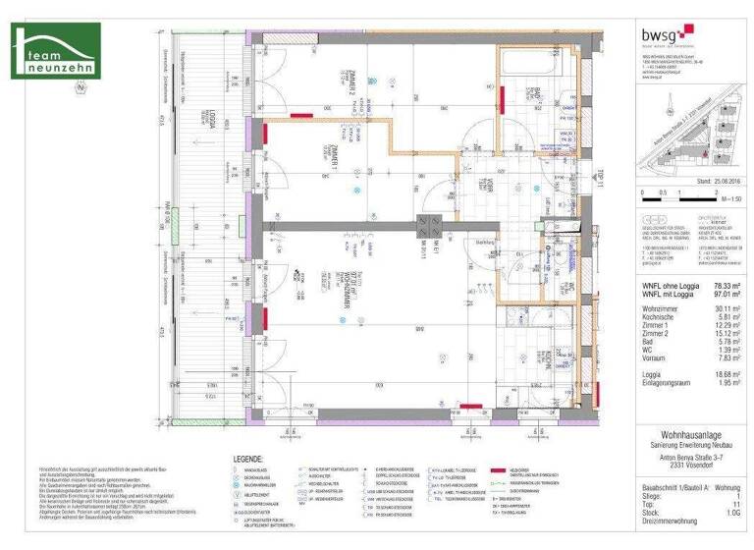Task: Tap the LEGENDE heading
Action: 247,459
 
